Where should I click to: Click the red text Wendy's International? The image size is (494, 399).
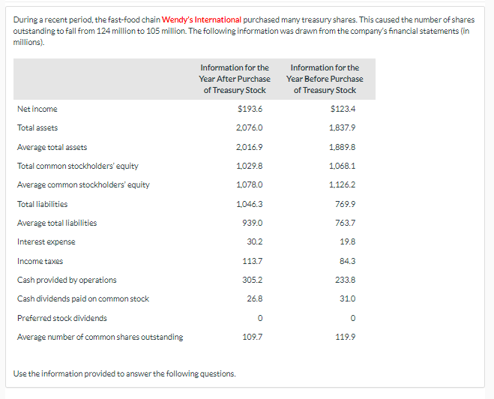pyautogui.click(x=202, y=19)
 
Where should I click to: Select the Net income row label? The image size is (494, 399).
pyautogui.click(x=37, y=109)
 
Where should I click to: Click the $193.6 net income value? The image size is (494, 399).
pyautogui.click(x=250, y=109)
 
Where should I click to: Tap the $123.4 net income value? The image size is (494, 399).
pyautogui.click(x=343, y=109)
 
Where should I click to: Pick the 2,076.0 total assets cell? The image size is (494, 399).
pyautogui.click(x=250, y=127)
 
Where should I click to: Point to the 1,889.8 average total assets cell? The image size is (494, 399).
pyautogui.click(x=343, y=147)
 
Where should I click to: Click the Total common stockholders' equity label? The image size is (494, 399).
pyautogui.click(x=77, y=166)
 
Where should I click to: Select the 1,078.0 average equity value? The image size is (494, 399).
pyautogui.click(x=250, y=184)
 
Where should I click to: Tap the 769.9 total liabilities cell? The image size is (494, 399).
pyautogui.click(x=345, y=204)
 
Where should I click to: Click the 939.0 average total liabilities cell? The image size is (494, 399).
pyautogui.click(x=251, y=223)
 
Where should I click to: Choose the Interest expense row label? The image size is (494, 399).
pyautogui.click(x=46, y=241)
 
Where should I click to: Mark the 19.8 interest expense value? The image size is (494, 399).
pyautogui.click(x=347, y=241)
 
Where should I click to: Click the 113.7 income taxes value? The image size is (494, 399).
pyautogui.click(x=252, y=261)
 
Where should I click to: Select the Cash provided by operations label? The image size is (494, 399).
pyautogui.click(x=67, y=280)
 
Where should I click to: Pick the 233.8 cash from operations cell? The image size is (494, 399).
pyautogui.click(x=345, y=280)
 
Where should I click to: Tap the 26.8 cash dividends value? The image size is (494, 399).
pyautogui.click(x=253, y=298)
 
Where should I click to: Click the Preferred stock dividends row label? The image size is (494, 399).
pyautogui.click(x=61, y=318)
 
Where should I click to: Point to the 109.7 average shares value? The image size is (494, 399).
pyautogui.click(x=252, y=337)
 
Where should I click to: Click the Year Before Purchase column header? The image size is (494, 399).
pyautogui.click(x=325, y=79)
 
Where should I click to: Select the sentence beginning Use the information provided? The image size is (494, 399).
pyautogui.click(x=124, y=373)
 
